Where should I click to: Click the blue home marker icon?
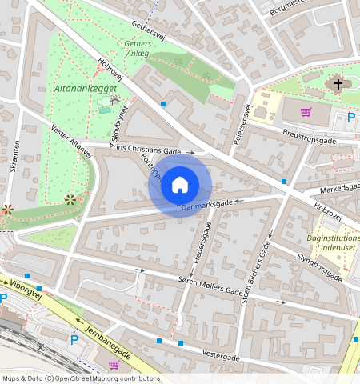[x=180, y=185]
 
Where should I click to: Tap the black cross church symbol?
[x=338, y=83]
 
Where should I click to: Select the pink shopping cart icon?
[x=305, y=112]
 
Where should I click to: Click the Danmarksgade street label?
[x=206, y=206]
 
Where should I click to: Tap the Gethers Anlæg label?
[x=137, y=48]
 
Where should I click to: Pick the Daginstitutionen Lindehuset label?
[x=332, y=245]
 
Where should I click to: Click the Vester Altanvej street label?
[x=71, y=147]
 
